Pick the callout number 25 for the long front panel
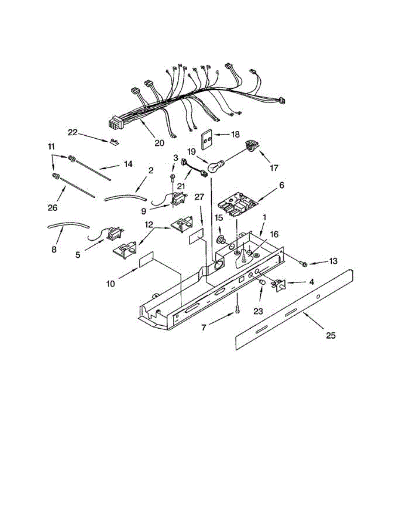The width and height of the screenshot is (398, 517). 330,336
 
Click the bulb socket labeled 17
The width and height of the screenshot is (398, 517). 250,147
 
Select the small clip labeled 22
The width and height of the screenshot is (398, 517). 115,141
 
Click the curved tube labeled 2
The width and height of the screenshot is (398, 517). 124,198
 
